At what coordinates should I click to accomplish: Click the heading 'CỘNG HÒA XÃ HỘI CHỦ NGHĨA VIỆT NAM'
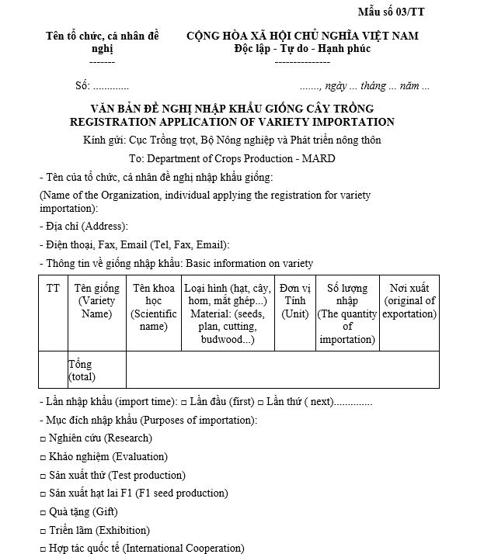click(x=302, y=36)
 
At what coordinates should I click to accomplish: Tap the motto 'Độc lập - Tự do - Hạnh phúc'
click(x=302, y=48)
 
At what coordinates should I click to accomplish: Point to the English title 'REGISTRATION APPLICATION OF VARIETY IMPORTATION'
click(x=232, y=122)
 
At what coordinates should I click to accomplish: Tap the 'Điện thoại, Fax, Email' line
click(x=134, y=244)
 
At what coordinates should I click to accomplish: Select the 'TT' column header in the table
click(x=53, y=288)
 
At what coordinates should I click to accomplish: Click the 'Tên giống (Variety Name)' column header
click(x=97, y=301)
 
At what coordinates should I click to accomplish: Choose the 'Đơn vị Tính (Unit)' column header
click(x=295, y=301)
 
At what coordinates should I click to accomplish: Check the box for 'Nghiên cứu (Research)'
click(x=43, y=438)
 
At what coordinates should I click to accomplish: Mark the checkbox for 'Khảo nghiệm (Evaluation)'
click(x=43, y=457)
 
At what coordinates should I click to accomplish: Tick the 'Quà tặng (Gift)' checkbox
click(x=43, y=512)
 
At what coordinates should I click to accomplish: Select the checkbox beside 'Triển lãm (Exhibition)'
click(x=43, y=531)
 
